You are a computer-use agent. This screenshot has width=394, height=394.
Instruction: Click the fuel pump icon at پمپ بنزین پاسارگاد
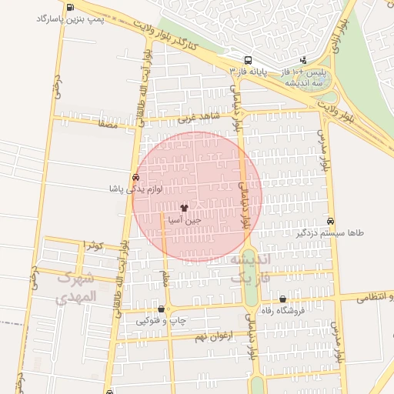pos(72,8)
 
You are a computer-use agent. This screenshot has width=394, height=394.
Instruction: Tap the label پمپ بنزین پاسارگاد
pos(41,17)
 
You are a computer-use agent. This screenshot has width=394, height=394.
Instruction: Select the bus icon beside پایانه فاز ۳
pos(247,60)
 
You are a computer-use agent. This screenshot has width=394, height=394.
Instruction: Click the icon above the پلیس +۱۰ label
pos(303,59)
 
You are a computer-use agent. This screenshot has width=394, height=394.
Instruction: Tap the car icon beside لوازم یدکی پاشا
pos(136,176)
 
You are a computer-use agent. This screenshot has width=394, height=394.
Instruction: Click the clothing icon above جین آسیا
pos(183,208)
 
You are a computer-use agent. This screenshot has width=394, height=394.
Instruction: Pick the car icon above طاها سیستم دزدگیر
pos(330,220)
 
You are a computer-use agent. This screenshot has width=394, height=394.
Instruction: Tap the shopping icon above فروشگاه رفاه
pos(282,299)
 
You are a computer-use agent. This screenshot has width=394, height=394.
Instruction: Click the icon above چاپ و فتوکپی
pos(161,309)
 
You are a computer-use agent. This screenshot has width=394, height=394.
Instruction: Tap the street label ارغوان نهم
pos(212,336)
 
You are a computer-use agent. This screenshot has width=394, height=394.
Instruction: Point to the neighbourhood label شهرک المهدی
pos(77,287)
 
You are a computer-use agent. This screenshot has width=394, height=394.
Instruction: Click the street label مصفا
pos(107,121)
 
